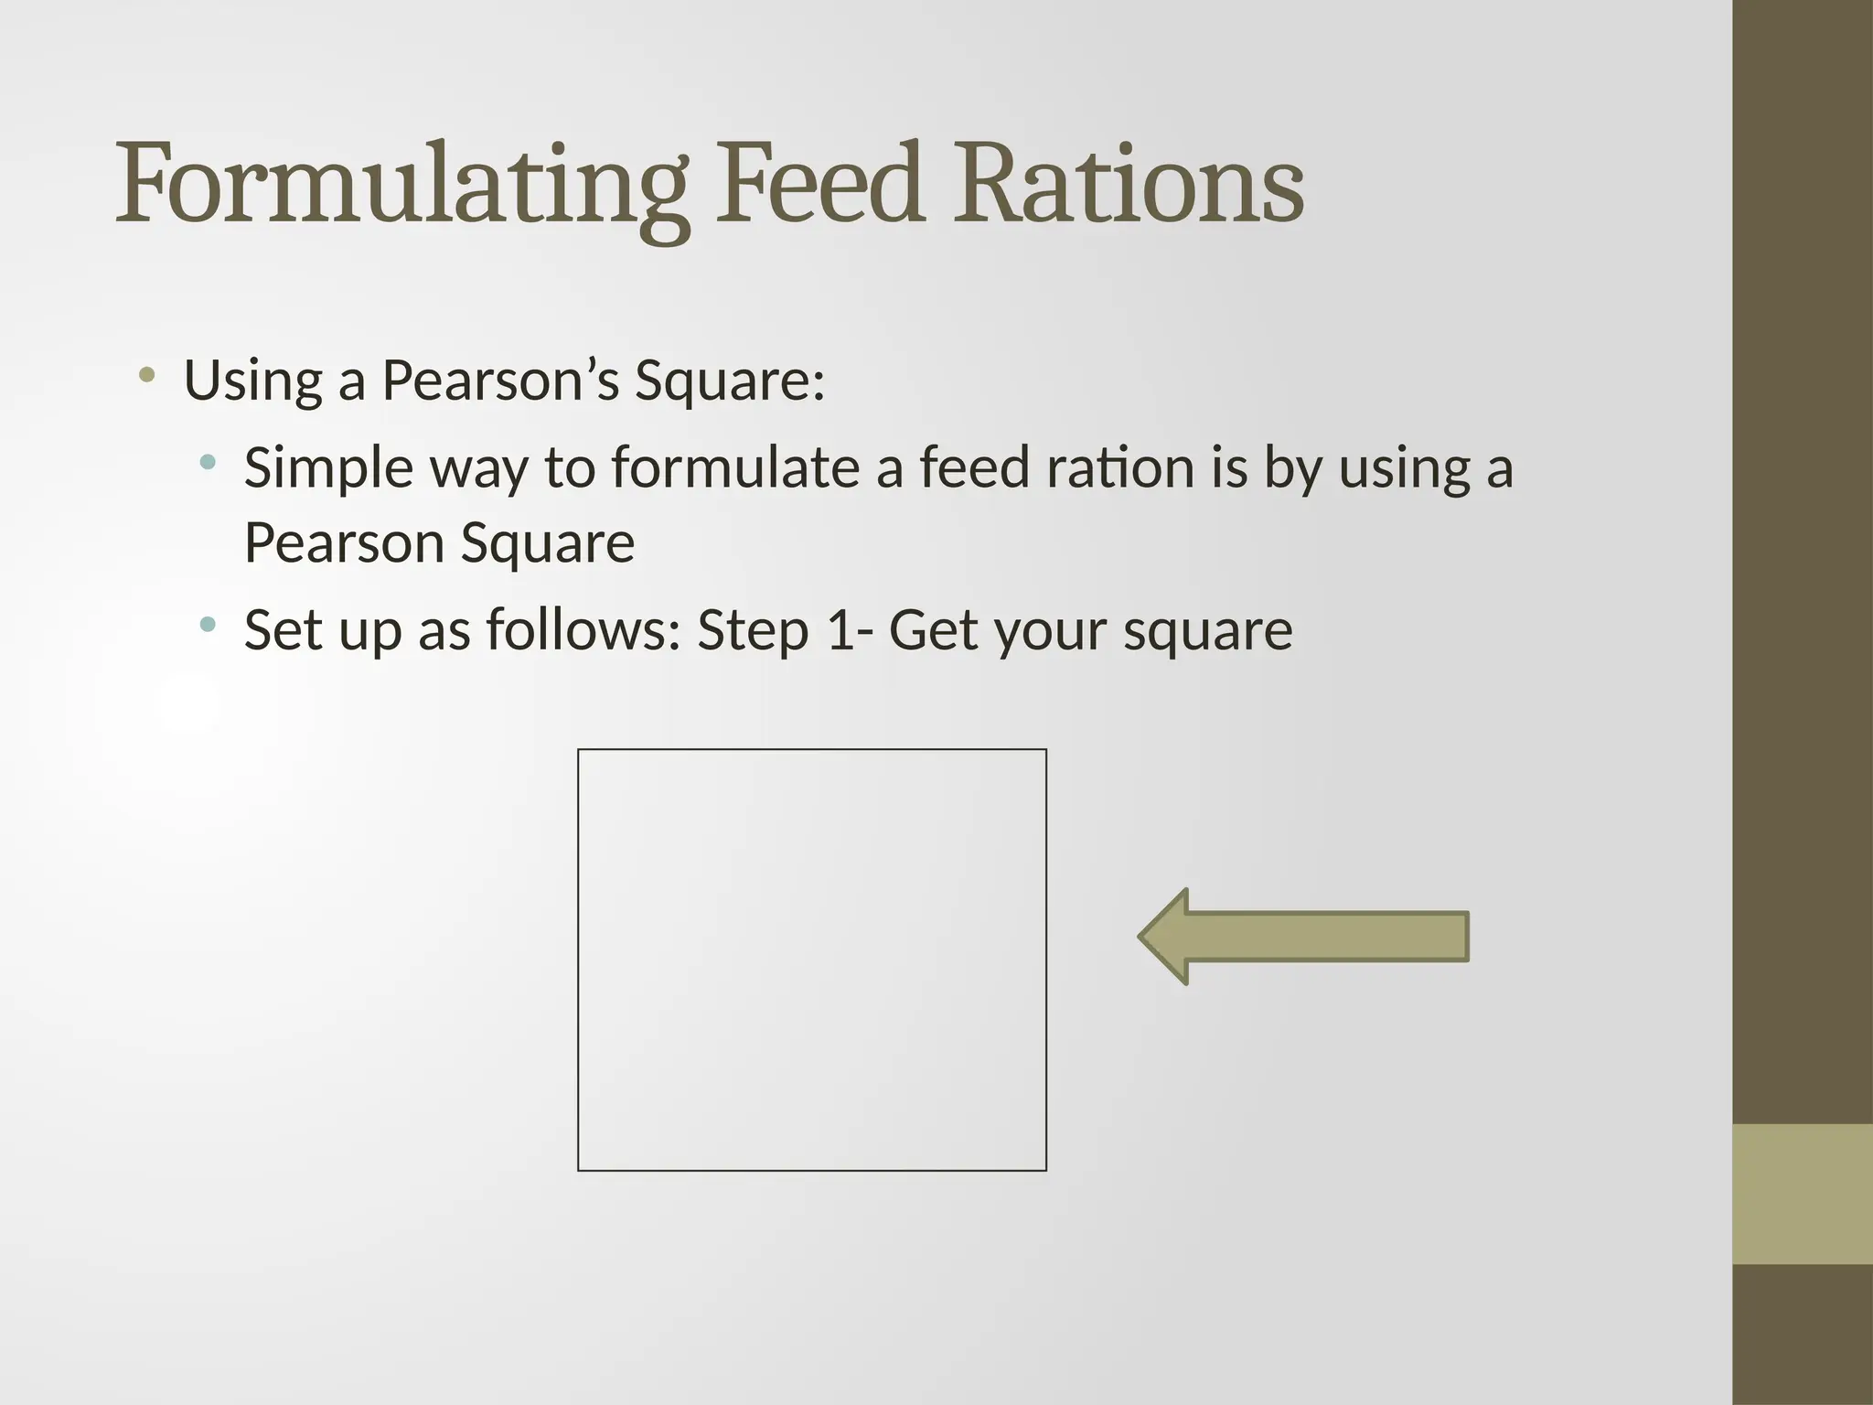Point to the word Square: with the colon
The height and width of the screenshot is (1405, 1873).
coord(730,381)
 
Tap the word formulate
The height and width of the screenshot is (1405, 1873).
coord(736,467)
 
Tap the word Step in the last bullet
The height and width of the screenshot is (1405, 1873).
coord(753,631)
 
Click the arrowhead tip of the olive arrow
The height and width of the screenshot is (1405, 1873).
coord(1143,937)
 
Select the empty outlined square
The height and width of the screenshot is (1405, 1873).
coord(811,960)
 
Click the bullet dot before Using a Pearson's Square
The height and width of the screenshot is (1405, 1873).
coord(146,374)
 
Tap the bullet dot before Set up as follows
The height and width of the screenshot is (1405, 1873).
coord(208,625)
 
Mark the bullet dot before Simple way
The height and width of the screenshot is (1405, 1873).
coord(208,463)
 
